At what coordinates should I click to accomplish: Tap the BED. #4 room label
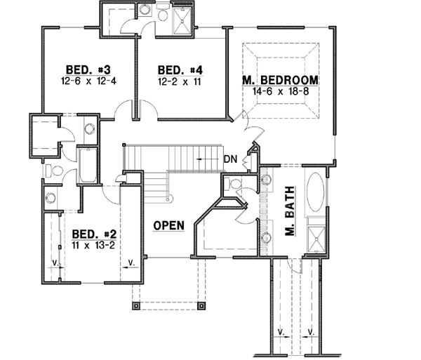coord(180,69)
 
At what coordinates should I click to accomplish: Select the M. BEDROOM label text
coord(281,79)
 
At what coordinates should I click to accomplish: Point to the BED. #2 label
coord(92,234)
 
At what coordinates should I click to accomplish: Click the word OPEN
coord(169,225)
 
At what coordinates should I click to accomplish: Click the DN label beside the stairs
coord(230,159)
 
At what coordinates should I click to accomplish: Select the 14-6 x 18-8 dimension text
coord(281,91)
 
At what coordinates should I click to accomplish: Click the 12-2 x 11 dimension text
coord(180,81)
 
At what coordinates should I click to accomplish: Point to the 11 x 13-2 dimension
coord(92,246)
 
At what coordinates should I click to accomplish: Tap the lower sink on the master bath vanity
coord(267,235)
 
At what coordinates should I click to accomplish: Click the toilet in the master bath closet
coord(235,185)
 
